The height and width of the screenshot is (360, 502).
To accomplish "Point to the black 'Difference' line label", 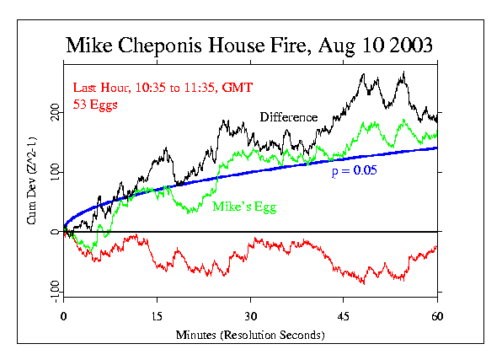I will coord(288,117).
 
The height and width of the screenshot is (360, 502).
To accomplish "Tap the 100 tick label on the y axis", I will coord(56,172).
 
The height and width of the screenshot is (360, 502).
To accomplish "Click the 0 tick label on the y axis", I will coord(56,231).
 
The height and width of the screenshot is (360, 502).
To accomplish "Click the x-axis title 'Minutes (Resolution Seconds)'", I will coord(250,335).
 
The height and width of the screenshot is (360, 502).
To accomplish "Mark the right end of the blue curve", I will coord(436,148).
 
